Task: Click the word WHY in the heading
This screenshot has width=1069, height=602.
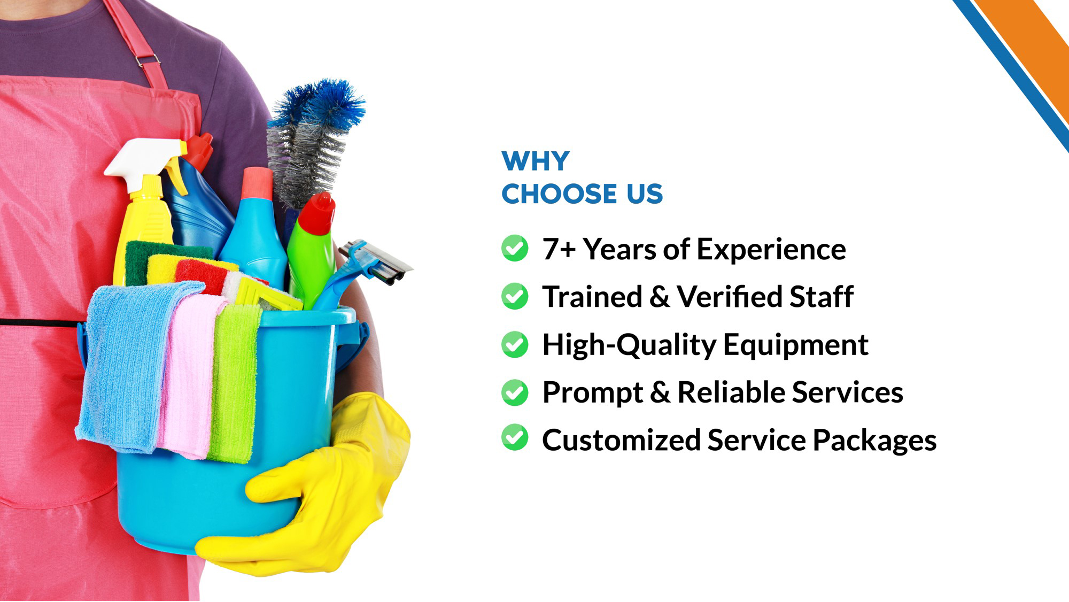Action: click(536, 161)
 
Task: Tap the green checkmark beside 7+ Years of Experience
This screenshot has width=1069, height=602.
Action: click(515, 248)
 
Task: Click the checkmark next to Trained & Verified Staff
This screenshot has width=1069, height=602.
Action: click(515, 296)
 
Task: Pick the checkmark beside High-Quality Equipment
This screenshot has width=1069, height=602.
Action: click(515, 344)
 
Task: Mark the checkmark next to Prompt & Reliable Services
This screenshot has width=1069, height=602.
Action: click(515, 392)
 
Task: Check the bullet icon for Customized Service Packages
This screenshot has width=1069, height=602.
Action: click(515, 437)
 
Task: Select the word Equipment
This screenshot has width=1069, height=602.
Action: click(796, 345)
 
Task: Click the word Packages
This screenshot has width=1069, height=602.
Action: click(875, 441)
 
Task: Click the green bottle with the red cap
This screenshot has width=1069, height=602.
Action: click(312, 251)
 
